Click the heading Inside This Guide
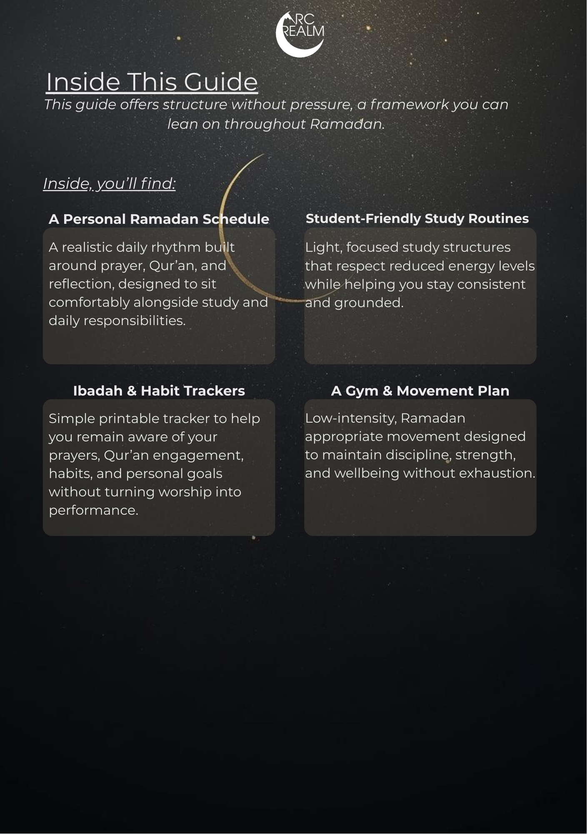tap(152, 82)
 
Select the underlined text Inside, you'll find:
tap(109, 183)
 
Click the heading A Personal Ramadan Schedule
tap(159, 219)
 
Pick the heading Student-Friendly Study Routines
tap(417, 219)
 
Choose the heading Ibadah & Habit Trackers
tap(159, 391)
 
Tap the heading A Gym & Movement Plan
tap(420, 391)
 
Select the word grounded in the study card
tap(369, 302)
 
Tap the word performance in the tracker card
tap(93, 510)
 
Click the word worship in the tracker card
tap(185, 492)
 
